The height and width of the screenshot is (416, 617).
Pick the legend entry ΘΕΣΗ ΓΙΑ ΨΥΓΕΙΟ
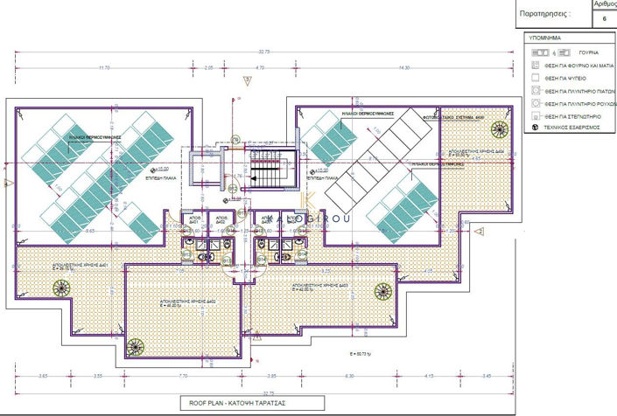click(x=572, y=78)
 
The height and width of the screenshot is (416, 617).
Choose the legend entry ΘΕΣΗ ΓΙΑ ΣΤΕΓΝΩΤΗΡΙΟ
click(x=578, y=115)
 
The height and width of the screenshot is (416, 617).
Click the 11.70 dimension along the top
click(x=104, y=67)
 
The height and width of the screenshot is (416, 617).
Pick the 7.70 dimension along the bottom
click(x=182, y=376)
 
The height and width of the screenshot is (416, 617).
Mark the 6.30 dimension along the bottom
click(x=349, y=376)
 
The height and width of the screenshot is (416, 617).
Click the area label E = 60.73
click(x=361, y=354)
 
